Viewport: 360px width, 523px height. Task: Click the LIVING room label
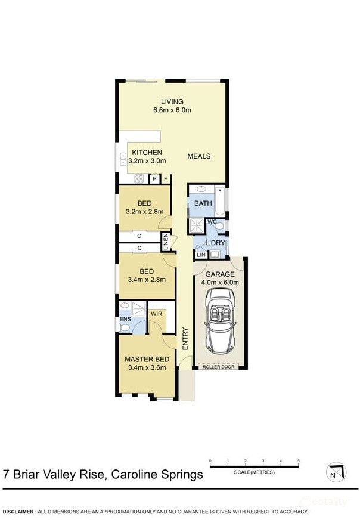172,101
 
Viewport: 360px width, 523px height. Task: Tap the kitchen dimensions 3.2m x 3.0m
147,161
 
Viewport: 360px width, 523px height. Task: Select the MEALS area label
199,156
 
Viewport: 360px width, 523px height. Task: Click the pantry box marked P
154,179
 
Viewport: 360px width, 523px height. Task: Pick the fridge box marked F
166,179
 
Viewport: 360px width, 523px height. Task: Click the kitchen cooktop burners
139,178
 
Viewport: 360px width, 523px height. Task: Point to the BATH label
203,203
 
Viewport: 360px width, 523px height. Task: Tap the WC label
212,222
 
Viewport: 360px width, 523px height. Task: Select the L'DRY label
215,243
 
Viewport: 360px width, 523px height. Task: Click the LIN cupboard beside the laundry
201,255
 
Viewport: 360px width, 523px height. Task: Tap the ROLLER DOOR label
219,367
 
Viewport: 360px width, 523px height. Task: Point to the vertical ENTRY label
185,339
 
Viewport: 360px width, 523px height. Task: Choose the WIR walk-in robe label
156,314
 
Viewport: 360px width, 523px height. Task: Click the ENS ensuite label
125,319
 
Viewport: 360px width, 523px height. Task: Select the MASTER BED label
147,359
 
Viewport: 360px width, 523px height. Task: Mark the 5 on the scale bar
299,461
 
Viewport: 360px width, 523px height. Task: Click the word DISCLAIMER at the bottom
18,512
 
